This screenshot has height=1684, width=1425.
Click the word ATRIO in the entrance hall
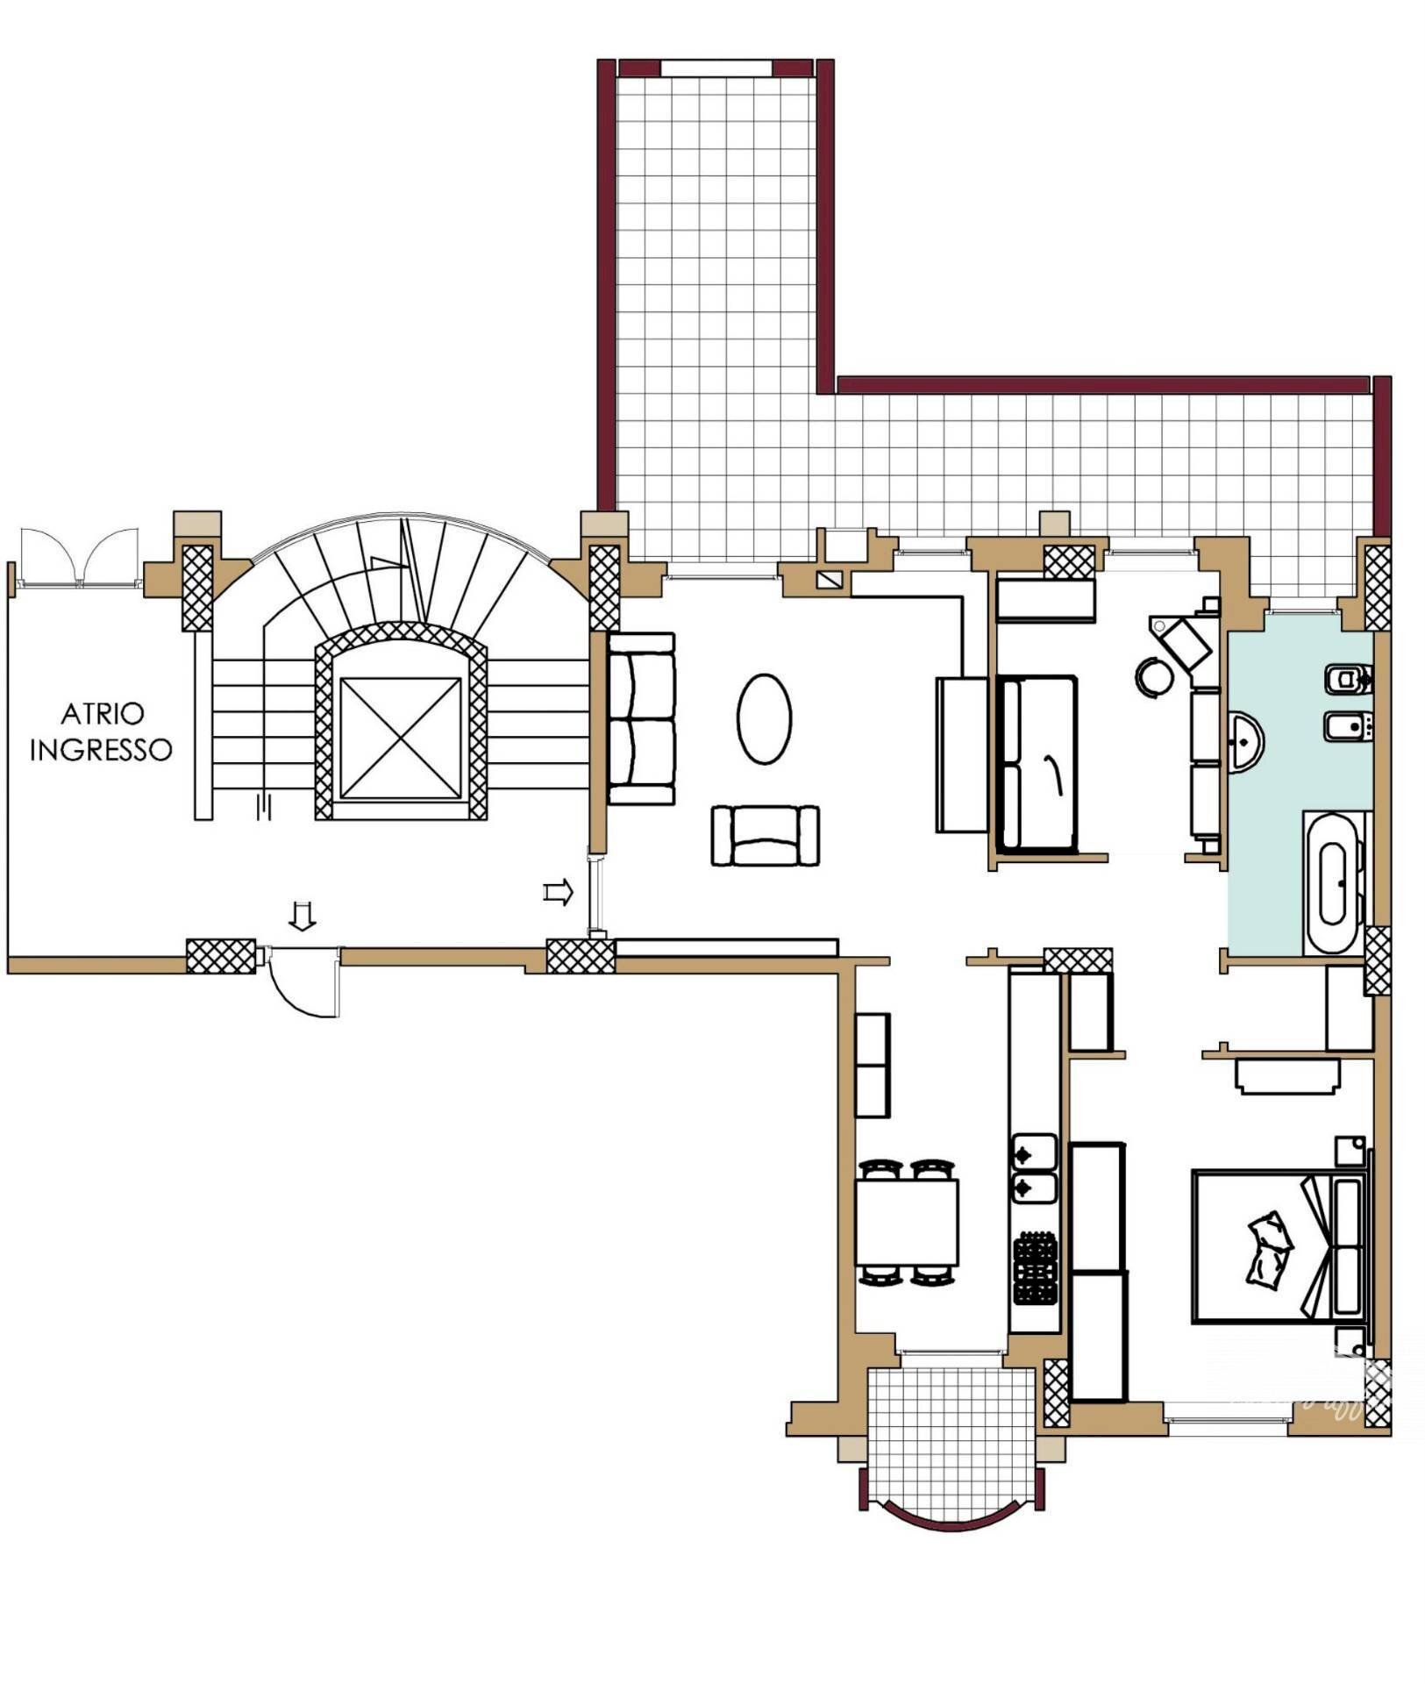102,714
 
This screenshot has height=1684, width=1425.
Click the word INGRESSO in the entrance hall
101,750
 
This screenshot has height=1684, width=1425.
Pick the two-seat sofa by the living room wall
642,719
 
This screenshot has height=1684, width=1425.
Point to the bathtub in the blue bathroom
1335,883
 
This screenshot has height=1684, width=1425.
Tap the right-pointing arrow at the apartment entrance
559,893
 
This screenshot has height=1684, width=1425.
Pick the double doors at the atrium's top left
80,556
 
